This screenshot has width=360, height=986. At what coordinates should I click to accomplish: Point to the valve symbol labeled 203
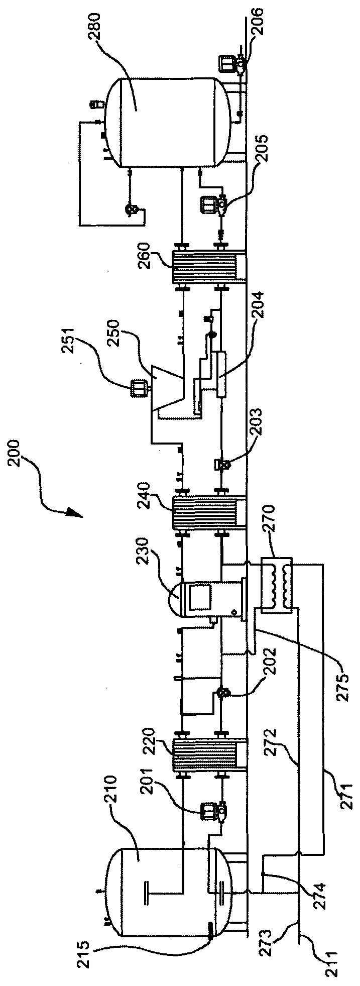click(221, 465)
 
